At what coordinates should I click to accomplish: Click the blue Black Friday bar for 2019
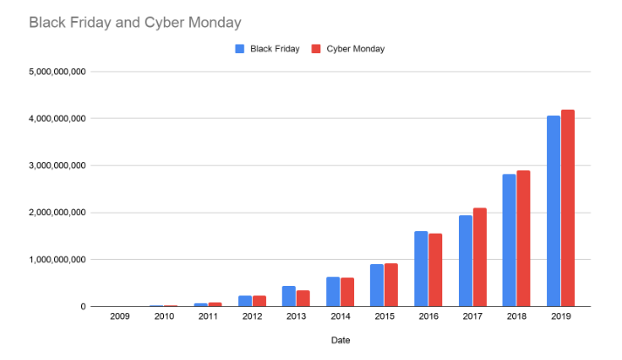point(553,211)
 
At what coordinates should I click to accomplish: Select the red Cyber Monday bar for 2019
point(568,208)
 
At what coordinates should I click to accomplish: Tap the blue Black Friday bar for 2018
point(509,241)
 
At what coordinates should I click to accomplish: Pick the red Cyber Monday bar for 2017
point(480,257)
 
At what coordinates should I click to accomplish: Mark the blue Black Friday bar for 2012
point(244,301)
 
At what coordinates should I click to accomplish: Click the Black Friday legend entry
point(268,49)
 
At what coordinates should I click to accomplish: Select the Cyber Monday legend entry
point(348,49)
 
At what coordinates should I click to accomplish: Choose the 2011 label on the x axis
point(208,318)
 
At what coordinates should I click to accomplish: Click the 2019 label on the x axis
point(560,318)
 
